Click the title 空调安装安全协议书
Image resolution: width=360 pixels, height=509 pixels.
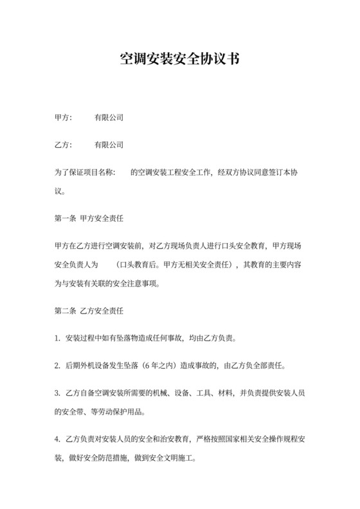click(180, 60)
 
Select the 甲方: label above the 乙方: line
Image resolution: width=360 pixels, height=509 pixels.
click(64, 118)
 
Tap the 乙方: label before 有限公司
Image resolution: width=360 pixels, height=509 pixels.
click(64, 145)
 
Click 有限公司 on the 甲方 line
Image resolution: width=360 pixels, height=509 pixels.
click(109, 118)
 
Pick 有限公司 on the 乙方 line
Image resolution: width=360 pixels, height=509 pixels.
click(109, 145)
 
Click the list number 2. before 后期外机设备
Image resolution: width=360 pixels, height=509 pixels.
click(58, 366)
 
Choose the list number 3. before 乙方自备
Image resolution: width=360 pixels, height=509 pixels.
click(58, 393)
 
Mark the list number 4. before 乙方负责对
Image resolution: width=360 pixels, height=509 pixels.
click(58, 440)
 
